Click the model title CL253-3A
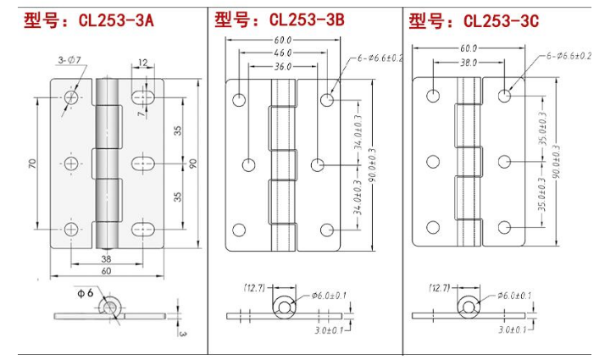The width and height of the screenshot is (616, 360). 116,20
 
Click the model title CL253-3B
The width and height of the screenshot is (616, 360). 307,19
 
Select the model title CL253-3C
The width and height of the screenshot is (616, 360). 501,20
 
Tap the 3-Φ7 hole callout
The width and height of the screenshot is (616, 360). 69,59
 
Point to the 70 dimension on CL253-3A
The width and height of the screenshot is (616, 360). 32,163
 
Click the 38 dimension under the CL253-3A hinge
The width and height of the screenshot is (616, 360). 106,259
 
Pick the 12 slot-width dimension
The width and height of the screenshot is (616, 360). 143,63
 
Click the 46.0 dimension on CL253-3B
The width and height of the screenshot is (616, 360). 283,53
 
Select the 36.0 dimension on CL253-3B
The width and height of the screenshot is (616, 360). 283,66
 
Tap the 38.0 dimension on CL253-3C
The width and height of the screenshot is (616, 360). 469,62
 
